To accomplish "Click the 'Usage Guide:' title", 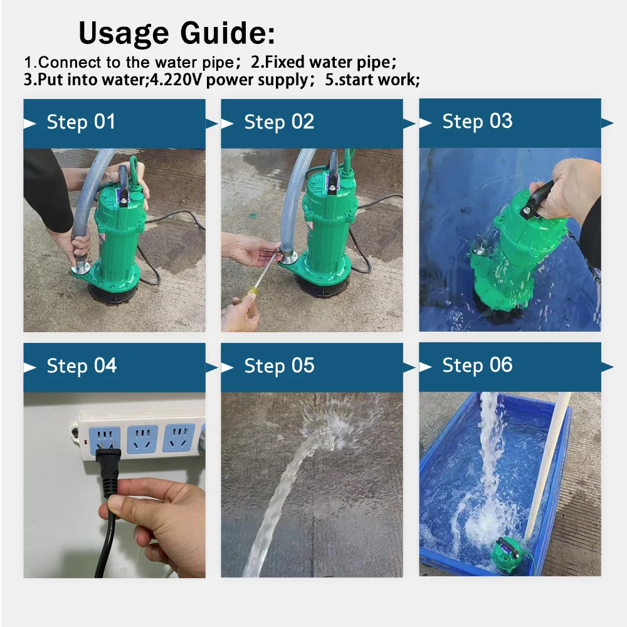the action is pos(177,33).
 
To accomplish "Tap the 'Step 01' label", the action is pos(81,122).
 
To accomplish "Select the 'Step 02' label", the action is pos(279,122).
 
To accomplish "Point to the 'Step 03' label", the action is pos(477,121).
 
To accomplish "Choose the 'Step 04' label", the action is pos(82,366).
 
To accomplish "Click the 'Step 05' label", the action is pos(279,366).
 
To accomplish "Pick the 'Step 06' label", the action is pos(477,365).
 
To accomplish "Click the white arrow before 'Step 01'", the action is pos(29,123).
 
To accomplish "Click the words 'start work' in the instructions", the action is pos(377,80).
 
